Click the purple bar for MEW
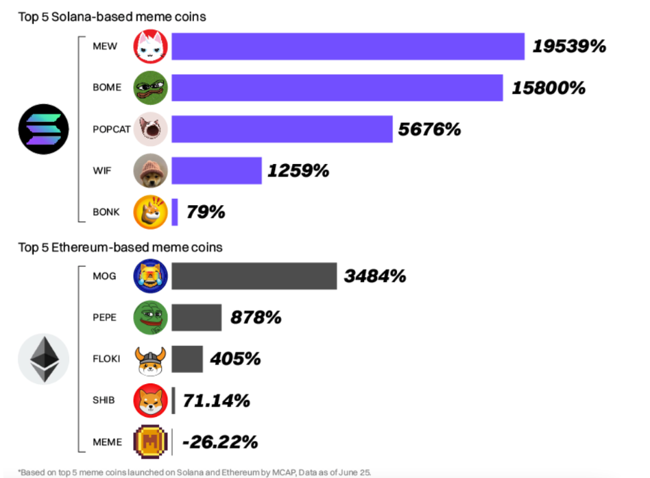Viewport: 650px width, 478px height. (x=348, y=47)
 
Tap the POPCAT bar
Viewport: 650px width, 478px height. (x=282, y=129)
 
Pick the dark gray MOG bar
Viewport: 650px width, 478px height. (x=254, y=276)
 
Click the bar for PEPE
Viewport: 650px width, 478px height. (x=196, y=318)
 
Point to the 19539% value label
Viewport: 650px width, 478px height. (x=570, y=47)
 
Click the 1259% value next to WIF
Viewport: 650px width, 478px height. (x=298, y=170)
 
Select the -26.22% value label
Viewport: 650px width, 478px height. (x=220, y=442)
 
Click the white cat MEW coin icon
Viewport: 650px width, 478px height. (x=150, y=47)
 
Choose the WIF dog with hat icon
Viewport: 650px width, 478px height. (x=150, y=170)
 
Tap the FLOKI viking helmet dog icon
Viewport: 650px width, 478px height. (x=150, y=359)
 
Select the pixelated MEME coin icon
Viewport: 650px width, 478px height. (x=150, y=442)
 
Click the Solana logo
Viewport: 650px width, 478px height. (x=43, y=129)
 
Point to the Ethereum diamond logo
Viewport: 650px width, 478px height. (x=43, y=359)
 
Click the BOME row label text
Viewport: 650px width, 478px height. (x=106, y=88)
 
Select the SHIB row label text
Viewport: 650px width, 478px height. (x=104, y=401)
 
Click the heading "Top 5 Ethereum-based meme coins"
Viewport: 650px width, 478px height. (x=120, y=247)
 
